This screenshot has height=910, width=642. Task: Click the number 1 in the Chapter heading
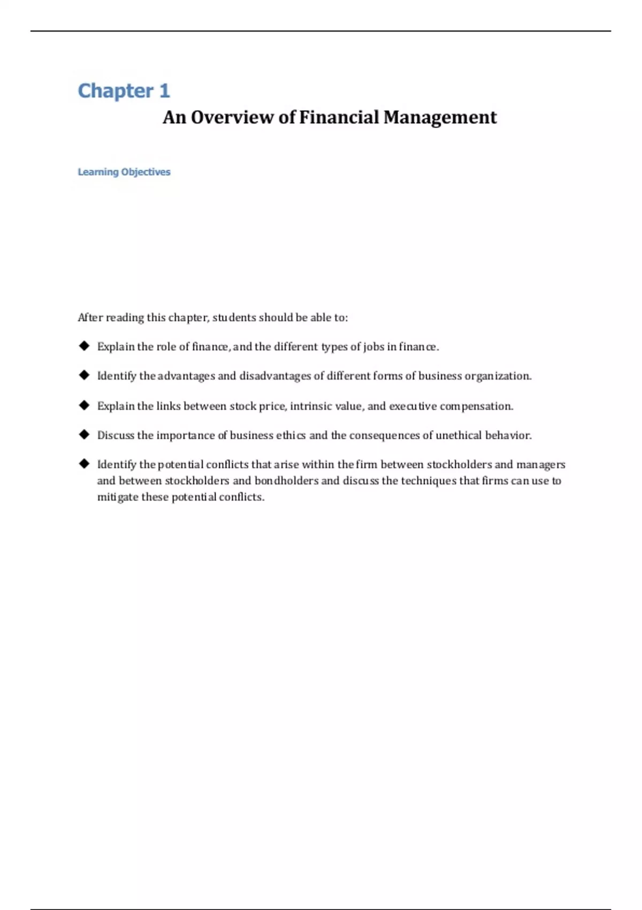(x=164, y=91)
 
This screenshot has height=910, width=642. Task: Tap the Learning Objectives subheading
(x=124, y=172)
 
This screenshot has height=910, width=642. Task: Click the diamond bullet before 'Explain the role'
(x=84, y=346)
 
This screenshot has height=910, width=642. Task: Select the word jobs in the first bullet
(x=373, y=347)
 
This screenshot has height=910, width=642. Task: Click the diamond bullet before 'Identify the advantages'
(x=84, y=375)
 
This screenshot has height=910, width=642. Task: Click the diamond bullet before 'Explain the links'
(x=84, y=405)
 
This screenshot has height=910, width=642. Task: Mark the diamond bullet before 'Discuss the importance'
(x=84, y=435)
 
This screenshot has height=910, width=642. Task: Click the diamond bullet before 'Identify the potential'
(x=84, y=464)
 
